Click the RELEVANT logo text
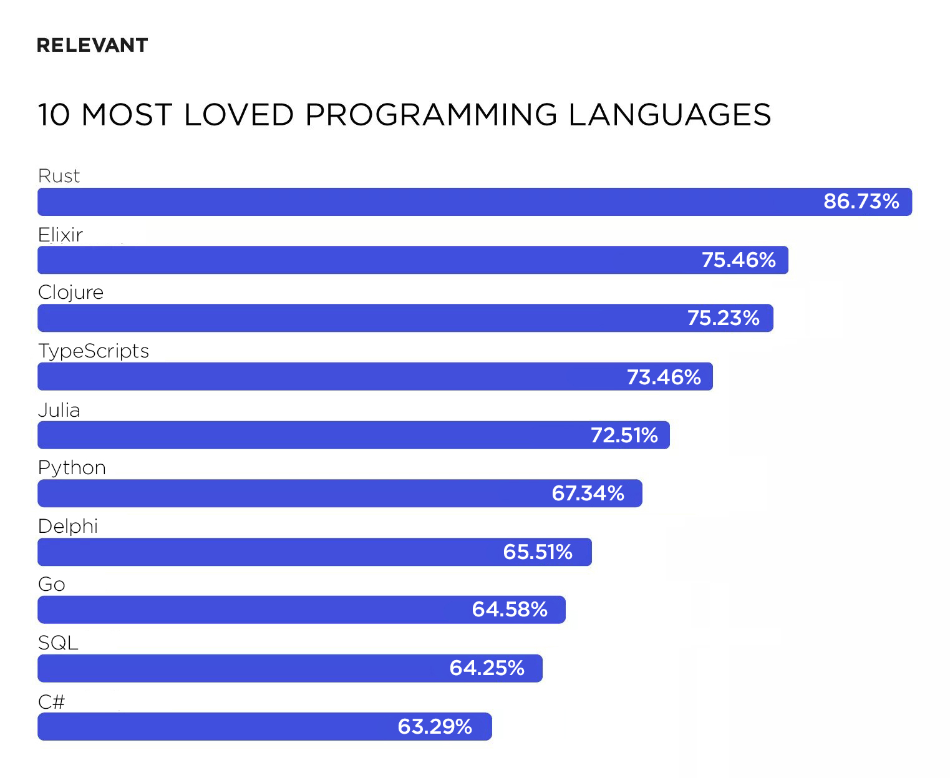click(x=92, y=46)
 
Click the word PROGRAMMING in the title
click(x=431, y=115)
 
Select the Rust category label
click(x=59, y=176)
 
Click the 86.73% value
click(x=861, y=202)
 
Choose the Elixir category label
click(x=61, y=235)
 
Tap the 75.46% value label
click(x=739, y=260)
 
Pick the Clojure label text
click(x=70, y=293)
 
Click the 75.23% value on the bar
click(x=724, y=318)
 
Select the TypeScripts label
click(x=94, y=351)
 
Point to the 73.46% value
click(x=664, y=377)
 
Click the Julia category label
click(x=59, y=411)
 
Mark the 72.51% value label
click(x=624, y=435)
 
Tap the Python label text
click(x=72, y=468)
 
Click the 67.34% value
click(x=588, y=494)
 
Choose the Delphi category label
click(x=68, y=527)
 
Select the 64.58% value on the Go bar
click(x=510, y=610)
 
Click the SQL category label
click(x=58, y=643)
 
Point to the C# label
click(x=51, y=702)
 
